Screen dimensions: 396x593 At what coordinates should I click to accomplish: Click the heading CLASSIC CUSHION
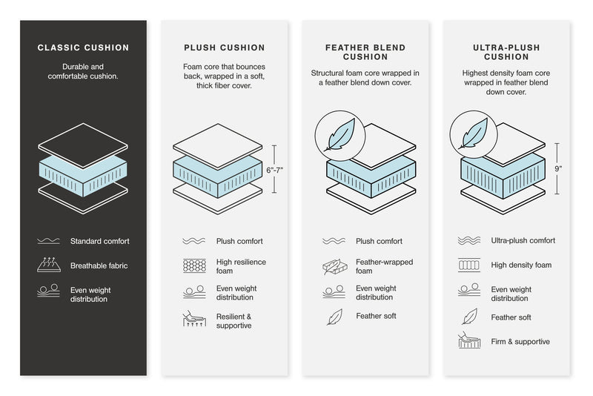pos(83,48)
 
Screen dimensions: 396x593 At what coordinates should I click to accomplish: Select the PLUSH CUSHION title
pos(223,48)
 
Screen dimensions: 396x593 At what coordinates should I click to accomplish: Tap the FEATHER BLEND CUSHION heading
pos(365,52)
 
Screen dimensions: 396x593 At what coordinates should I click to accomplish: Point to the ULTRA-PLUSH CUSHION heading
pos(506,52)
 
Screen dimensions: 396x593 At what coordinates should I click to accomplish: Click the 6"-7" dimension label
pos(275,170)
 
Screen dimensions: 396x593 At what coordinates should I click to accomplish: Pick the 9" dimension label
pos(558,168)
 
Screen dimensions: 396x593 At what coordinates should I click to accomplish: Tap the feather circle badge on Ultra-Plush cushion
pos(471,133)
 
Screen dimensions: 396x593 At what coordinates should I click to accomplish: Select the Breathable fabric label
pos(99,265)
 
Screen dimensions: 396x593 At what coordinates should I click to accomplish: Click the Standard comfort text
pos(99,241)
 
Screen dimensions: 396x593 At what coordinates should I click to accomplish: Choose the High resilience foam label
pos(241,266)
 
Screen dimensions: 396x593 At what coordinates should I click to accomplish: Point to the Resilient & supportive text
pos(234,321)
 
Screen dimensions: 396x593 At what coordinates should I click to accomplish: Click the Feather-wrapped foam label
pos(384,266)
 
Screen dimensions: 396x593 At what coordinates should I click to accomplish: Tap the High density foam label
pos(521,265)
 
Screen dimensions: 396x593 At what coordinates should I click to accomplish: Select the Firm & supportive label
pos(520,342)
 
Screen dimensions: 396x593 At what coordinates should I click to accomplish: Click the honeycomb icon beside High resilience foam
pos(193,265)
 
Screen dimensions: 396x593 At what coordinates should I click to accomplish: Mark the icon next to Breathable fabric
pos(48,265)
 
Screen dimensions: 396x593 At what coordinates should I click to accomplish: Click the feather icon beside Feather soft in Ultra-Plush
pos(469,317)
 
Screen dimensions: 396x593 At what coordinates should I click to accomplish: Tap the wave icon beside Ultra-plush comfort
pos(469,241)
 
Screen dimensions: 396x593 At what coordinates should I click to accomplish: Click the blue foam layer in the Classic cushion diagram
pos(83,175)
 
